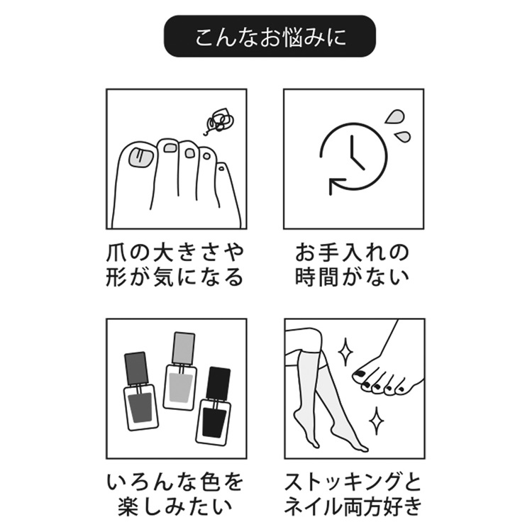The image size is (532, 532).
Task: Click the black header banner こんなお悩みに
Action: (270, 36)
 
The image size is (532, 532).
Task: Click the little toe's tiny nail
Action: (221, 167)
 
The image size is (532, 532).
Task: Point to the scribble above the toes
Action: (219, 121)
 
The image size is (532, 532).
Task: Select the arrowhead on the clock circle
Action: (336, 187)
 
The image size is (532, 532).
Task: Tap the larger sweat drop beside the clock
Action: (394, 117)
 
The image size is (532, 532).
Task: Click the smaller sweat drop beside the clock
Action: (402, 136)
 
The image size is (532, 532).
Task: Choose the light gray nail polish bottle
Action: (180, 371)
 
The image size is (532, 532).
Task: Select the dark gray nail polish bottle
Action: (139, 392)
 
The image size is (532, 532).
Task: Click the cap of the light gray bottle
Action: (184, 348)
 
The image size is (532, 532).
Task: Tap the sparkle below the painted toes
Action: (376, 421)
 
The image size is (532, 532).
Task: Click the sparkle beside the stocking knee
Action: (345, 352)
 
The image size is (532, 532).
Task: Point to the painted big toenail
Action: (358, 375)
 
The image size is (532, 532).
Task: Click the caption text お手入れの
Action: (352, 253)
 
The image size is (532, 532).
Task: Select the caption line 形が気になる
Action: (175, 277)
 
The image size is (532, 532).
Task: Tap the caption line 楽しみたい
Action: (175, 506)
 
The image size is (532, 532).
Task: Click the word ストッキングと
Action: (353, 482)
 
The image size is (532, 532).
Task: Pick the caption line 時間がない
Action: (352, 277)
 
